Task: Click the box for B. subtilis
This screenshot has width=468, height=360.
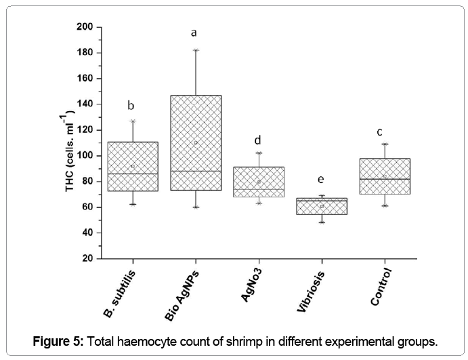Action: pyautogui.click(x=133, y=166)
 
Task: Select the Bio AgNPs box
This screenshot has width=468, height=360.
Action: pyautogui.click(x=196, y=142)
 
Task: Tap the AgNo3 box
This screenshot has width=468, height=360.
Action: pyautogui.click(x=259, y=182)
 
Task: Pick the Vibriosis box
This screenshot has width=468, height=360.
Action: pyautogui.click(x=322, y=206)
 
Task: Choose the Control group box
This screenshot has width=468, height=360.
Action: pyautogui.click(x=385, y=176)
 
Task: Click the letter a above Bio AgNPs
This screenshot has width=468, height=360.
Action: pyautogui.click(x=194, y=32)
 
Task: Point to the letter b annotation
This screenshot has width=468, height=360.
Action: pyautogui.click(x=131, y=105)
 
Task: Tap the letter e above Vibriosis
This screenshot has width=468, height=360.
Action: pyautogui.click(x=321, y=179)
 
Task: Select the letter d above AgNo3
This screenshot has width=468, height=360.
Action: pyautogui.click(x=258, y=140)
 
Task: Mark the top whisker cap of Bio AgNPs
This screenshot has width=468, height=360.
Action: pyautogui.click(x=196, y=50)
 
